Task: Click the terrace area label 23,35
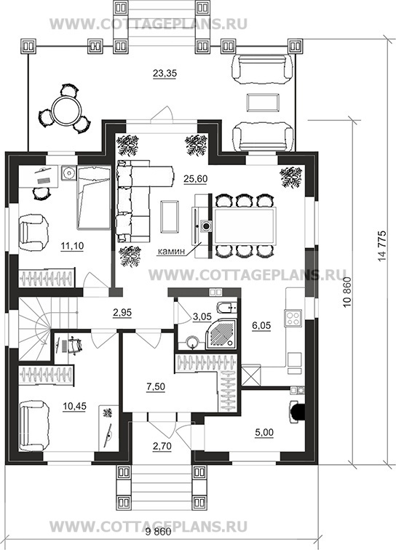tap(165, 73)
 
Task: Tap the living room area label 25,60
tap(196, 179)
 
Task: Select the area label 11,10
tap(72, 246)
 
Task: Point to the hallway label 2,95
tap(122, 313)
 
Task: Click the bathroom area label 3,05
tap(202, 317)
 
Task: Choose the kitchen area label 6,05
tap(261, 326)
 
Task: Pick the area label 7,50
tap(156, 387)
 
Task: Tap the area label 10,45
tap(74, 407)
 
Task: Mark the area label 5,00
tap(264, 433)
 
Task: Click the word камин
tap(171, 252)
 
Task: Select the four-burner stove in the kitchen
tap(293, 318)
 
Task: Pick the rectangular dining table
tap(245, 226)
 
